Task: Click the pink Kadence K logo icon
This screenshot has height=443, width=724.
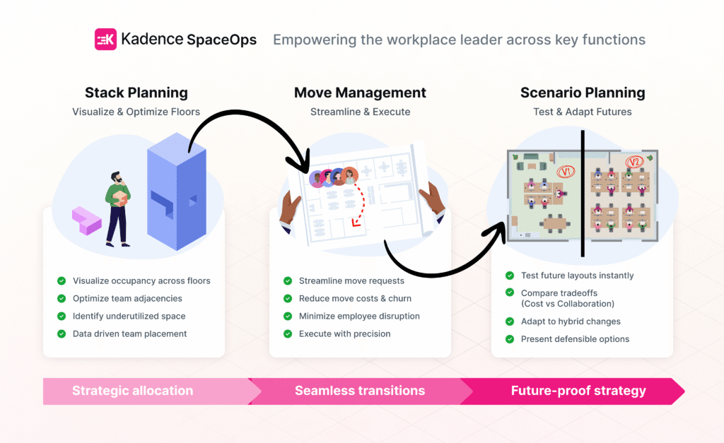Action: click(x=105, y=40)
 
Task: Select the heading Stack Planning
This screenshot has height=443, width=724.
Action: click(x=136, y=93)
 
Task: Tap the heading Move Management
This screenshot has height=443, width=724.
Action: click(x=360, y=93)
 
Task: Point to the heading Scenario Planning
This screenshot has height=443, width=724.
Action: click(x=583, y=93)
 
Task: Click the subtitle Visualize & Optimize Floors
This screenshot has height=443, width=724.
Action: click(x=136, y=112)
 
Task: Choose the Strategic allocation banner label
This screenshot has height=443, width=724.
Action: click(x=132, y=391)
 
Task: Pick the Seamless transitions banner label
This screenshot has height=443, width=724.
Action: click(x=360, y=391)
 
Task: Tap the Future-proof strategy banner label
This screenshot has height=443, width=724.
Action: click(x=578, y=391)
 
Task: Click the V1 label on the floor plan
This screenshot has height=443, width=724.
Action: click(x=564, y=172)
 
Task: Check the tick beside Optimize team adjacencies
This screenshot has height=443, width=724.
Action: click(x=62, y=299)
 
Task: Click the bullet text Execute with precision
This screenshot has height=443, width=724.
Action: click(x=344, y=333)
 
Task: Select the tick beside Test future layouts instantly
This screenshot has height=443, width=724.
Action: click(x=510, y=276)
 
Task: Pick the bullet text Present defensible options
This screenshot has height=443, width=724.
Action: click(x=575, y=339)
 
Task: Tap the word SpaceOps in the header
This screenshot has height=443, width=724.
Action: click(x=221, y=40)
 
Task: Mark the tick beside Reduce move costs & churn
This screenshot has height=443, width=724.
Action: click(x=288, y=299)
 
